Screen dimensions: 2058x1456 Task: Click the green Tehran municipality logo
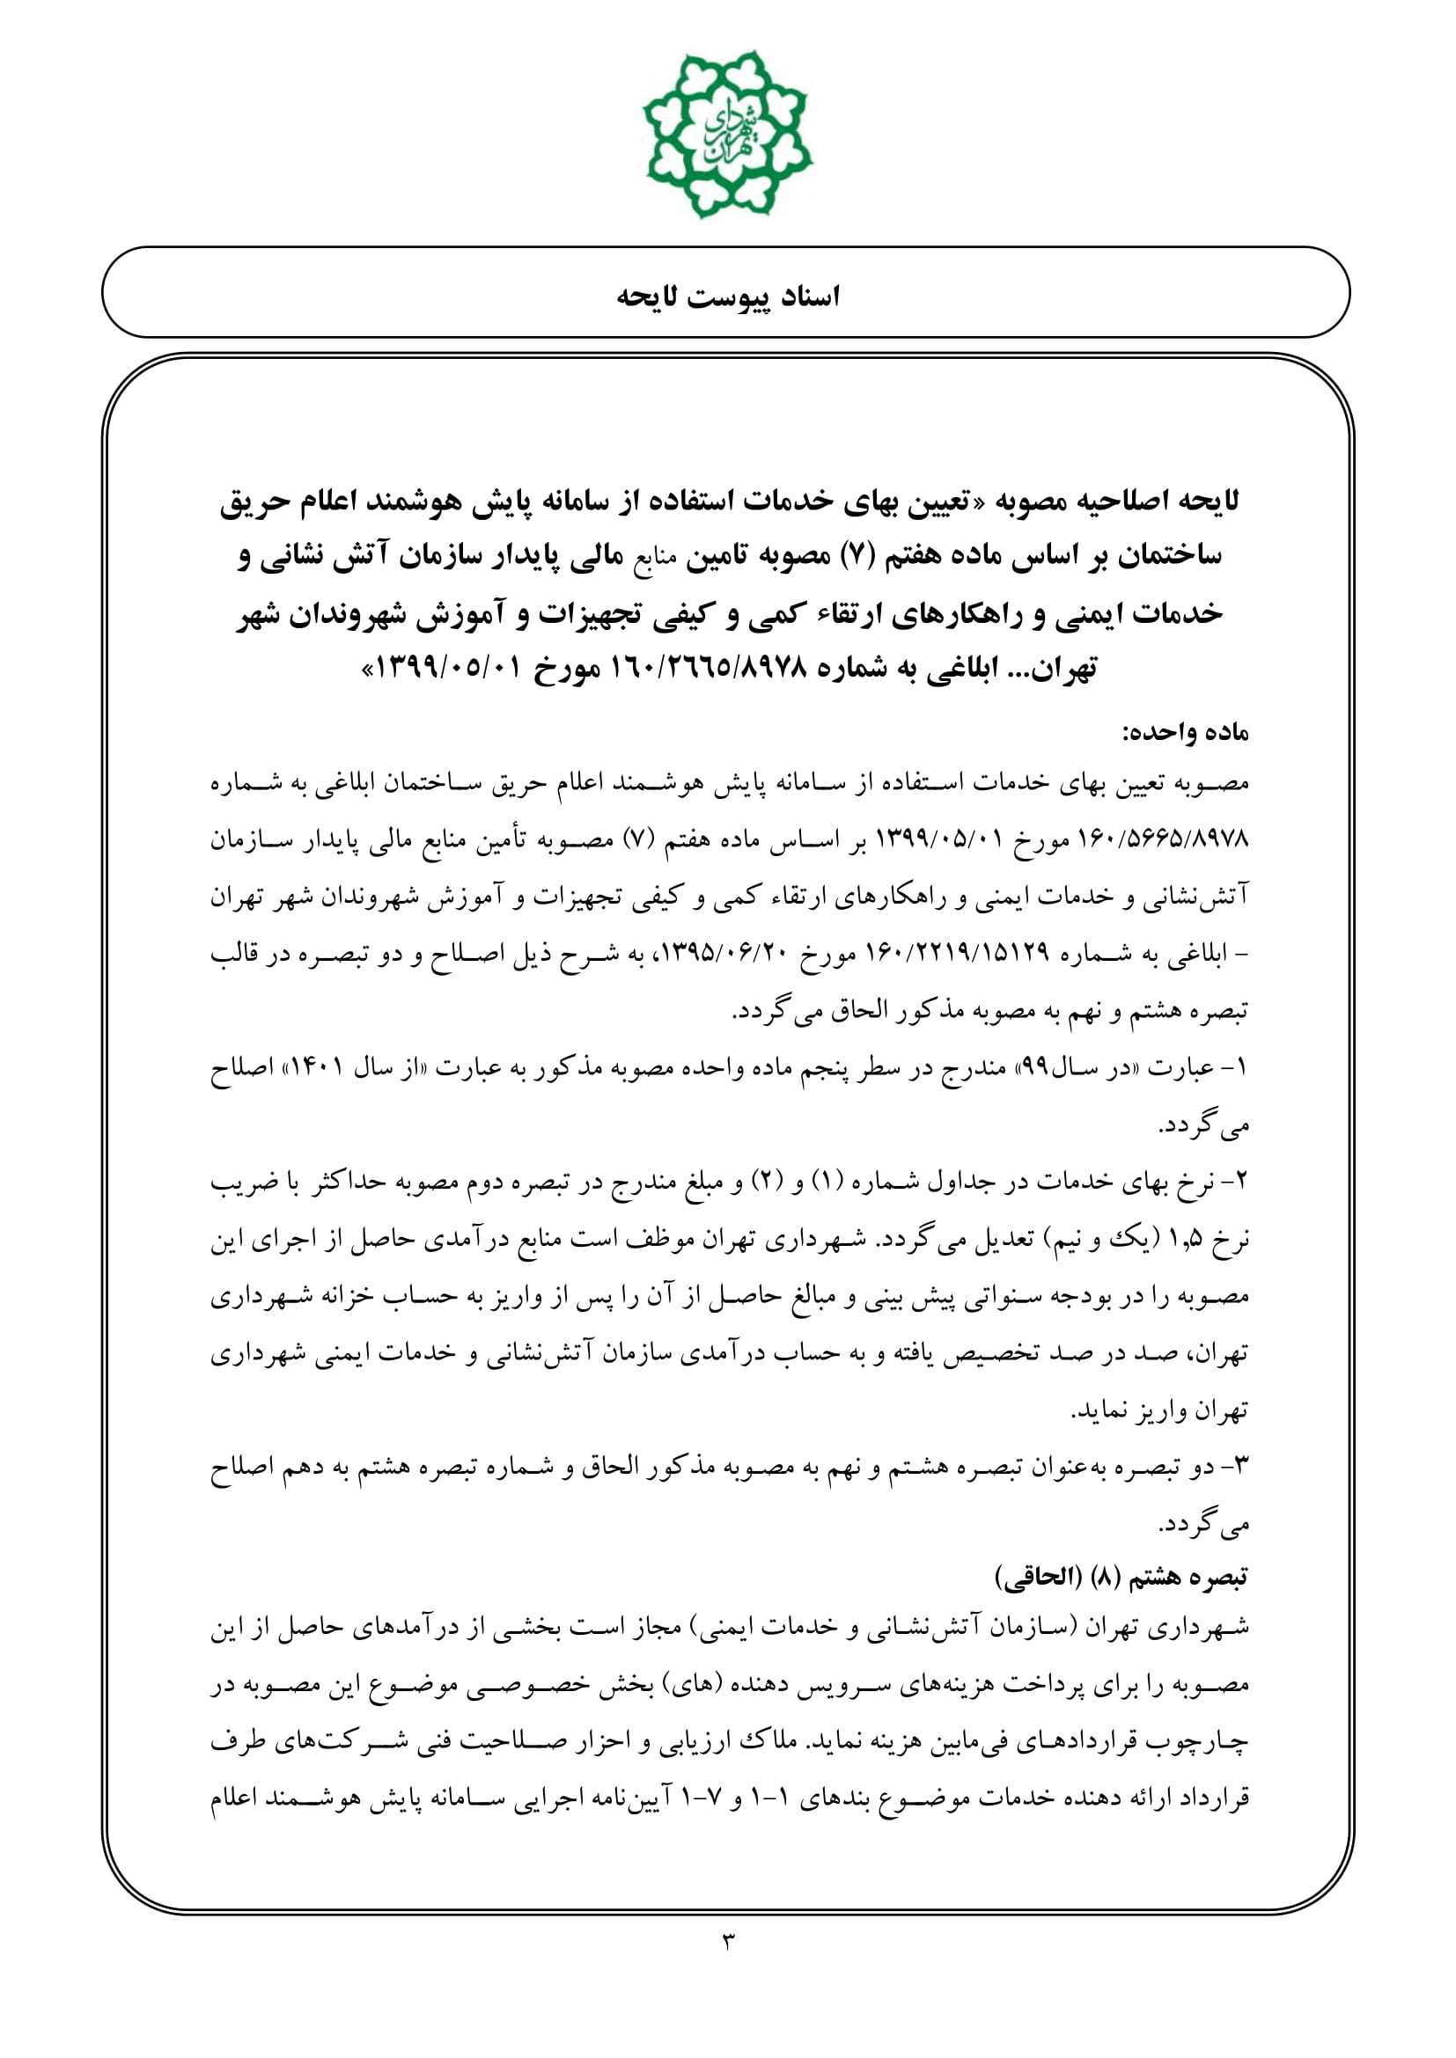727,134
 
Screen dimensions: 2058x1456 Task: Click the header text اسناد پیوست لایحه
727,296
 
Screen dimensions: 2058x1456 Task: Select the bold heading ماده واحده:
1185,732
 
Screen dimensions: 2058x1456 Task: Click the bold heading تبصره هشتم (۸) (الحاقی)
1121,1577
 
